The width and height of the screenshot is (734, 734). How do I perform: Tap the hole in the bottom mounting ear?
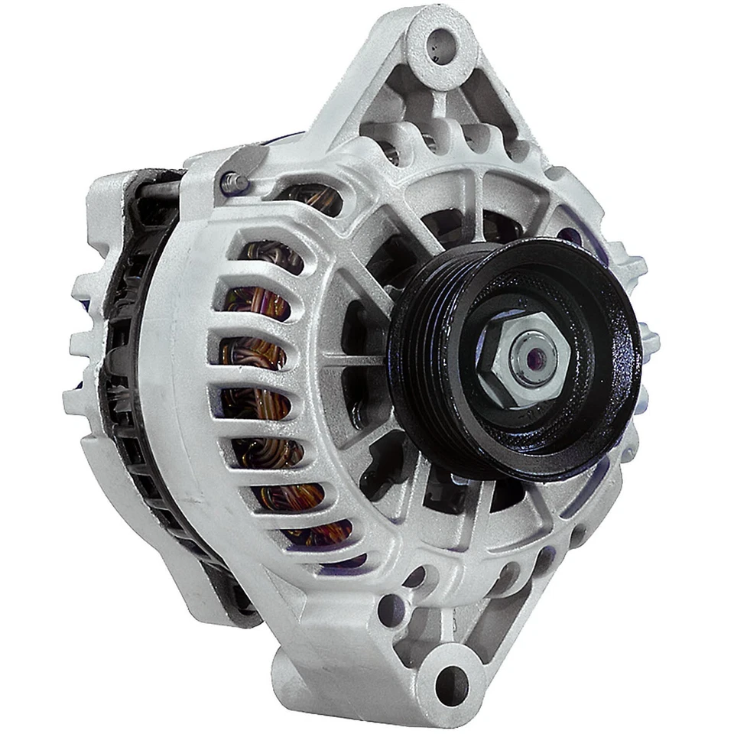(450, 679)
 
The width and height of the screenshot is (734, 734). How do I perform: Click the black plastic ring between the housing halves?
(126, 382)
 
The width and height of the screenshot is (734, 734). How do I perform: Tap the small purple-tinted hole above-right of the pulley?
(570, 235)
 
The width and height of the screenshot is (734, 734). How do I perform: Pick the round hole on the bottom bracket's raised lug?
(392, 608)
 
